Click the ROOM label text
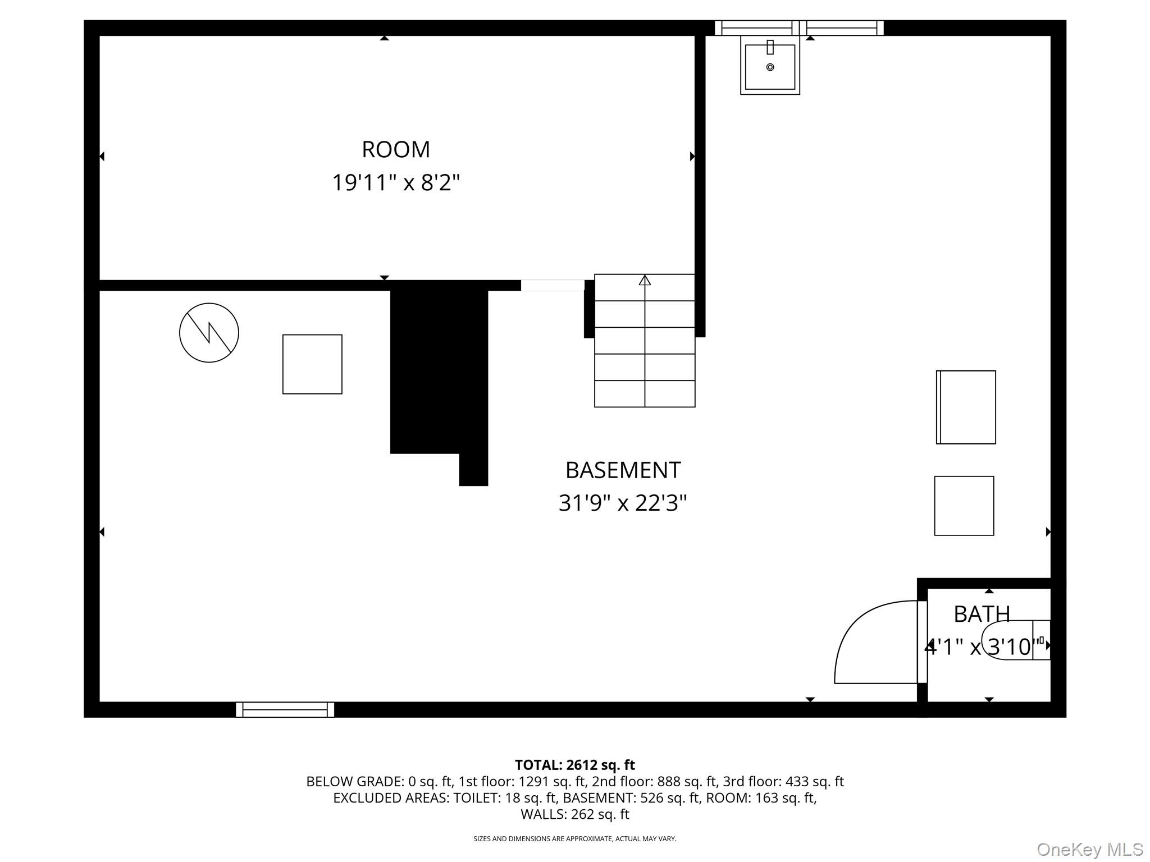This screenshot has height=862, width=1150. click(x=395, y=150)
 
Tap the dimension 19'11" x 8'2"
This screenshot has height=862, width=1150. click(x=395, y=183)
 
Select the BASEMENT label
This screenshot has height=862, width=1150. click(x=622, y=470)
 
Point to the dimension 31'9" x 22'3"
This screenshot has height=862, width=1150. click(x=622, y=503)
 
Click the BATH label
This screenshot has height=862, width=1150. click(x=982, y=614)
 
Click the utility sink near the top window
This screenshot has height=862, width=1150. click(x=770, y=66)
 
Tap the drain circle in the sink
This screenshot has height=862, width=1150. click(x=770, y=67)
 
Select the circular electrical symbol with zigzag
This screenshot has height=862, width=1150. click(x=209, y=333)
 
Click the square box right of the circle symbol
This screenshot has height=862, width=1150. click(x=312, y=364)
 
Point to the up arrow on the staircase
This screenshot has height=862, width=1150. click(x=645, y=279)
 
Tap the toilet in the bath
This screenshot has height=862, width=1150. click(x=1016, y=640)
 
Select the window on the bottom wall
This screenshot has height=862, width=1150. click(x=285, y=709)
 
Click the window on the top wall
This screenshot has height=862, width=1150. click(x=798, y=27)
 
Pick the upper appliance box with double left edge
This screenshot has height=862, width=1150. click(x=966, y=407)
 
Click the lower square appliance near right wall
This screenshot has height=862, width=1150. click(x=964, y=506)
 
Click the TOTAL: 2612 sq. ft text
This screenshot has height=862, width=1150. click(x=574, y=765)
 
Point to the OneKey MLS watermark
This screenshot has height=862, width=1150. click(x=1089, y=849)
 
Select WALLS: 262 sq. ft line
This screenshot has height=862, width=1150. click(x=574, y=814)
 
